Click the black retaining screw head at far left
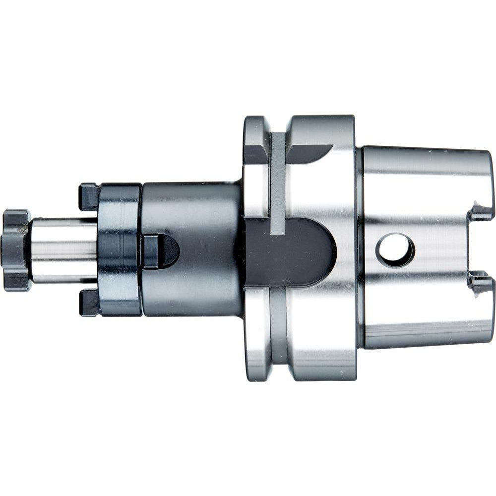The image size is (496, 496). tap(15, 250)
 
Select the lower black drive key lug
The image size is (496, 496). tap(89, 303)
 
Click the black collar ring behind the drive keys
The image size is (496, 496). tap(119, 250)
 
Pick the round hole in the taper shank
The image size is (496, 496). tap(395, 250)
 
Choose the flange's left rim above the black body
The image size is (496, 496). tap(255, 164)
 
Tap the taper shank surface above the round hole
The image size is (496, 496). tap(412, 188)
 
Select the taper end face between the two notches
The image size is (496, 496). tap(484, 248)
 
